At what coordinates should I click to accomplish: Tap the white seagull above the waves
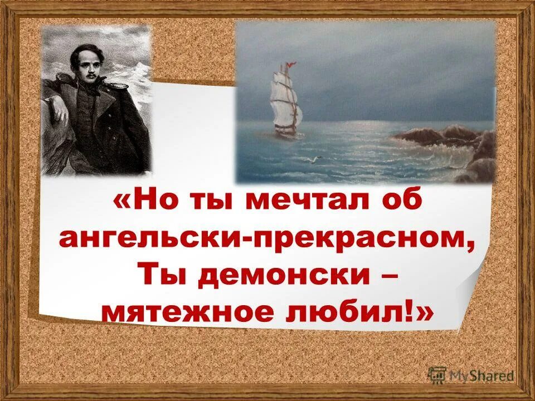click(x=315, y=160)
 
